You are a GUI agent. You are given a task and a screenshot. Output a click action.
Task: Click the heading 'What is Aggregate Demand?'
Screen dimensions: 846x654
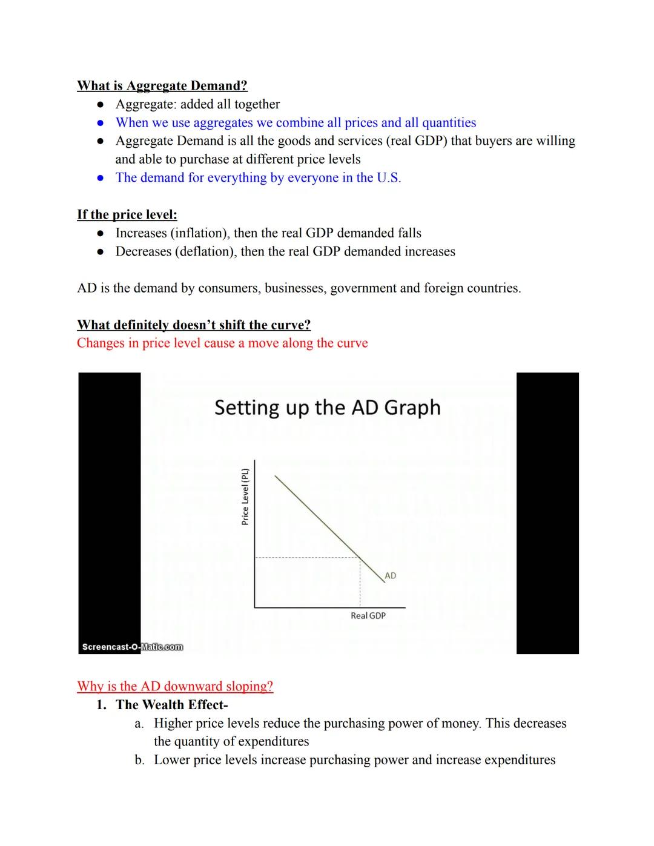(162, 86)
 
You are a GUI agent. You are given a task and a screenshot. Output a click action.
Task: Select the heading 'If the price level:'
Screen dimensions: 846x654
(127, 214)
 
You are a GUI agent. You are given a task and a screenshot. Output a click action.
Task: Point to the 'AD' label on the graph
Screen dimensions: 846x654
(391, 575)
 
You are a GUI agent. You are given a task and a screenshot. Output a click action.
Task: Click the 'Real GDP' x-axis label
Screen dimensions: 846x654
(368, 616)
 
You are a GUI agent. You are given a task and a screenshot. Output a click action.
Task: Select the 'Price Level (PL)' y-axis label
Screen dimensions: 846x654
(245, 497)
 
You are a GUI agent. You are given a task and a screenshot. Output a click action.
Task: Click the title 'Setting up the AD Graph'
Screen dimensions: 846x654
(327, 408)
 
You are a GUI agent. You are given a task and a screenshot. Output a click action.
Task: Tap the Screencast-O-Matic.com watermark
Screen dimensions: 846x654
(132, 647)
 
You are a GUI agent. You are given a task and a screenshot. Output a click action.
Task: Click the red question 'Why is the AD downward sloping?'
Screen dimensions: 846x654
(175, 686)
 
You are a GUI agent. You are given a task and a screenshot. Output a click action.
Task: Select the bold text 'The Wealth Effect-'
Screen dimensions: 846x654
(172, 705)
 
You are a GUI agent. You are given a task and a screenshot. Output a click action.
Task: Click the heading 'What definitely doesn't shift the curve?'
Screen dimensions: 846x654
(194, 325)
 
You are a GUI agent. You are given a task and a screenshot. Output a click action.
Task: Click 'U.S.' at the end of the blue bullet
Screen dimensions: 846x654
(389, 178)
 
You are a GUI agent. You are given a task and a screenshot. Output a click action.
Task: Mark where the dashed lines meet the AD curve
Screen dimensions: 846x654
(360, 557)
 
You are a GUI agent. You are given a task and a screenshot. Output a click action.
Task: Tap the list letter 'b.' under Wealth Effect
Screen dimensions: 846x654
(140, 760)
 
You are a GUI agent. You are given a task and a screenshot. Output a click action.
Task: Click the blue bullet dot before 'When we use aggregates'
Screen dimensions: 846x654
(101, 123)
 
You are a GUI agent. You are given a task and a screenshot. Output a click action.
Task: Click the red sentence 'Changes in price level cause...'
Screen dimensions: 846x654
(222, 343)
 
